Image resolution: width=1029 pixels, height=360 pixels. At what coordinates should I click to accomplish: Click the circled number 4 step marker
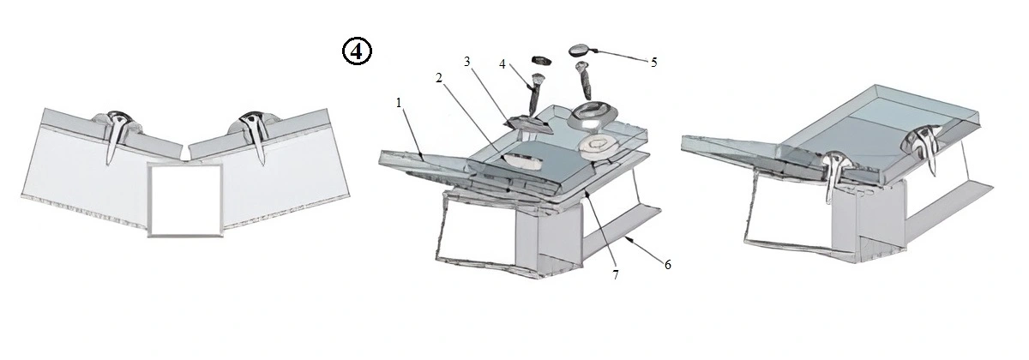coord(357,51)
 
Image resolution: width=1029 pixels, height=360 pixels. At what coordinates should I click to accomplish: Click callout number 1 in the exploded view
coord(399,104)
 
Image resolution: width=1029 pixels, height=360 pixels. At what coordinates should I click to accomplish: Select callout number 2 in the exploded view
coord(439,79)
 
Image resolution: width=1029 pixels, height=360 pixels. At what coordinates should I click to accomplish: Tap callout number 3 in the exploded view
coord(467,62)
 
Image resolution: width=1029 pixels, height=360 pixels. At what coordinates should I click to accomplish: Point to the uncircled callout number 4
coord(502,64)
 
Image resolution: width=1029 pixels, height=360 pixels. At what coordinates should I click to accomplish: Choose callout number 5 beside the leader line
coord(654,62)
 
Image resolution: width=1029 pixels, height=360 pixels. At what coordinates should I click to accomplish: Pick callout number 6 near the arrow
coord(667,265)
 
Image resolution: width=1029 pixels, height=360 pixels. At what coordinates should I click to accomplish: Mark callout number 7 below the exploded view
coord(616,275)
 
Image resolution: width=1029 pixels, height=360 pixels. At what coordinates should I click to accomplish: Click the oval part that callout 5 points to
coord(581,50)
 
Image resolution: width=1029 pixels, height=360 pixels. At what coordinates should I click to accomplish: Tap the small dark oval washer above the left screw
coord(541,60)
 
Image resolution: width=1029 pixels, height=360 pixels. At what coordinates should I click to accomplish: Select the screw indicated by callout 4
coord(535,94)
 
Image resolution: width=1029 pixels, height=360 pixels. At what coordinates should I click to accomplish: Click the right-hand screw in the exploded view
coord(584,81)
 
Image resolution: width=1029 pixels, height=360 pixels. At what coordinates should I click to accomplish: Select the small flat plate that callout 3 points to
coord(529,124)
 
